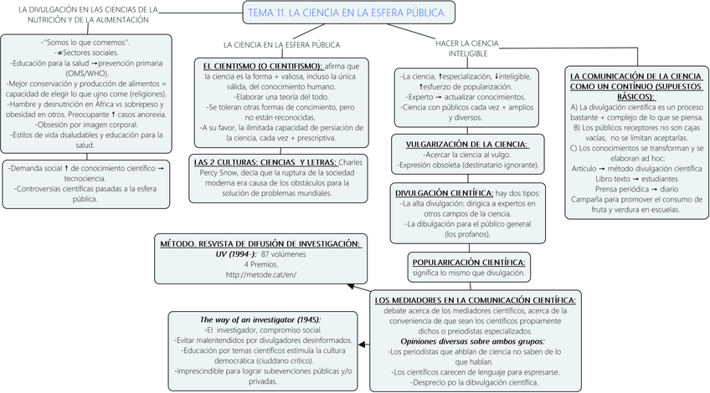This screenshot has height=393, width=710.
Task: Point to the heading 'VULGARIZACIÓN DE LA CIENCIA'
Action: (x=467, y=144)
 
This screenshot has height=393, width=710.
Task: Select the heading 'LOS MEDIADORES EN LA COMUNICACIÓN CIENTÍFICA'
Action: (x=475, y=299)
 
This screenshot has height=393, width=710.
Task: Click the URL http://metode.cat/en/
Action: (x=261, y=275)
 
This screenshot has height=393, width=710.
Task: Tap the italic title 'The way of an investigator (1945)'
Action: (x=260, y=319)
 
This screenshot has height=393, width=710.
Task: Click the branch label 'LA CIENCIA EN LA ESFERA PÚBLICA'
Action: (x=281, y=43)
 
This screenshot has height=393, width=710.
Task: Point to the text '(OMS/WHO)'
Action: (x=87, y=73)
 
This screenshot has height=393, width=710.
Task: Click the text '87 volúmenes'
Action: (x=284, y=253)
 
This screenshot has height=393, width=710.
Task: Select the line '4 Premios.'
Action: (x=261, y=264)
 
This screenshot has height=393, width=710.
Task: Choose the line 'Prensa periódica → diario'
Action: (x=636, y=190)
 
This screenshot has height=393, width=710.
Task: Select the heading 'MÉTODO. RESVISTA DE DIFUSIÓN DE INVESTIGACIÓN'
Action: (x=261, y=243)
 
